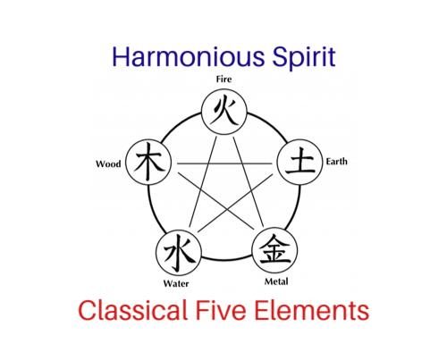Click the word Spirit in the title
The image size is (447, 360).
[304, 58]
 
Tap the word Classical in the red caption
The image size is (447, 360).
[132, 310]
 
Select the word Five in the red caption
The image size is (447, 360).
[221, 310]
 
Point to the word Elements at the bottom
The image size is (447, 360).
[312, 310]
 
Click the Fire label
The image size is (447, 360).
[223, 80]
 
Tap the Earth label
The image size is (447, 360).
[336, 162]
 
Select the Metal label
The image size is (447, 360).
[276, 281]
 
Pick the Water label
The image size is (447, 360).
[176, 283]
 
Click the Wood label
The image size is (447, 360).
[108, 163]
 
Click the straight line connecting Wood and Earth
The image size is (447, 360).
[224, 163]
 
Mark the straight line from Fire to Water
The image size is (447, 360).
[203, 182]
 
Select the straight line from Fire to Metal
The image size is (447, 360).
[249, 182]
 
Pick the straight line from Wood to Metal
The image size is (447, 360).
[216, 201]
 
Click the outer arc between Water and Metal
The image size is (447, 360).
[226, 259]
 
